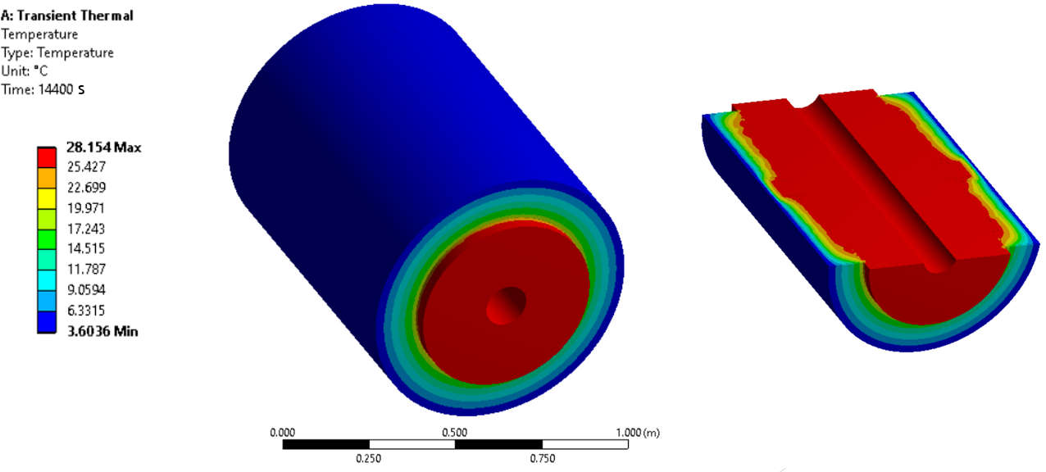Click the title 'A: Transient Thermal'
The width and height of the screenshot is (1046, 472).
tap(67, 16)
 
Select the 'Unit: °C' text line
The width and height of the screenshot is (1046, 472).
tap(25, 70)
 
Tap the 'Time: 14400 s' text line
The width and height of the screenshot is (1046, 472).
tap(44, 88)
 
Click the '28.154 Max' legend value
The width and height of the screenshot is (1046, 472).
tap(103, 147)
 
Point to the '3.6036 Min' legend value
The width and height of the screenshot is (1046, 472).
tap(102, 331)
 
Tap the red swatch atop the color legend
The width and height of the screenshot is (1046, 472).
tap(47, 157)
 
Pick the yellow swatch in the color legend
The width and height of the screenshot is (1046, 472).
tap(47, 198)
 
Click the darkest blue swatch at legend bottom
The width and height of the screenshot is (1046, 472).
tap(47, 321)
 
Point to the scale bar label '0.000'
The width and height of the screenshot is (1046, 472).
tap(282, 431)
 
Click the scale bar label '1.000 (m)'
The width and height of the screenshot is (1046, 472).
tap(635, 431)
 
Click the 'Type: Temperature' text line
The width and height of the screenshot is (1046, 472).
tap(57, 52)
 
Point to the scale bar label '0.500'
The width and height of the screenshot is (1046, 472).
tap(454, 431)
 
